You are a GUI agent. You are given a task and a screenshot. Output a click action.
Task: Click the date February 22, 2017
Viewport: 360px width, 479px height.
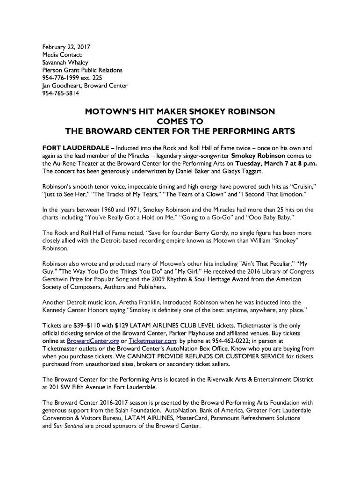pos(66,47)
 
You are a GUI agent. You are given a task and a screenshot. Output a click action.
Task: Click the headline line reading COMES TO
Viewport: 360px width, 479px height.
pos(180,121)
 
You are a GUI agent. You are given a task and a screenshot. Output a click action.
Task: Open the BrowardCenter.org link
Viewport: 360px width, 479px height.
pos(93,341)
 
